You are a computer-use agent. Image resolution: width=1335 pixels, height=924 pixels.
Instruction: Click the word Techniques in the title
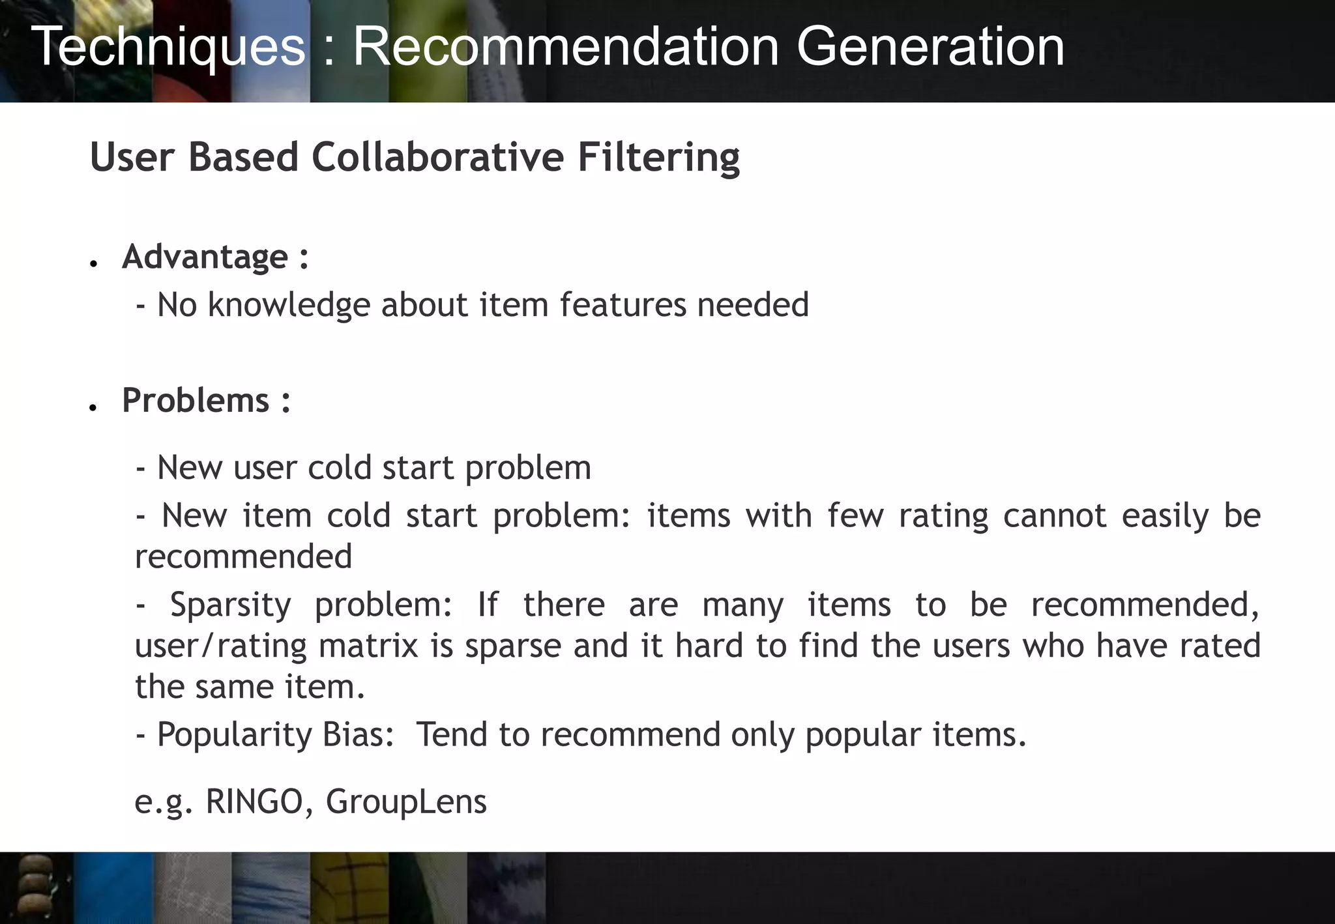click(x=168, y=47)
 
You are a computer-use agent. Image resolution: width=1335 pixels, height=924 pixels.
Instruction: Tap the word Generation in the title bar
click(x=930, y=47)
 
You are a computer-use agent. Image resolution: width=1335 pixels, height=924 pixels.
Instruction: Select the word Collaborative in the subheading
click(x=437, y=158)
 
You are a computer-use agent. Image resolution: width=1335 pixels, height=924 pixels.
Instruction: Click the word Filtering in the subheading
click(x=658, y=158)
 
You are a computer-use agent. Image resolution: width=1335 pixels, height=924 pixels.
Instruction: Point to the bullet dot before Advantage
click(x=94, y=263)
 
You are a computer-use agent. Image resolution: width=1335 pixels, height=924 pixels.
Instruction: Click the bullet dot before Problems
click(x=94, y=407)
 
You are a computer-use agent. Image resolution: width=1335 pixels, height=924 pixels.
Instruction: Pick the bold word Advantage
click(x=205, y=257)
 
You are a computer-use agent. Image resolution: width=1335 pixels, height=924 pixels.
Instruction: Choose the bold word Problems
click(x=196, y=400)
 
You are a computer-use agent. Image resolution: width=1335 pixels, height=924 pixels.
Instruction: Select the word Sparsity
click(x=230, y=605)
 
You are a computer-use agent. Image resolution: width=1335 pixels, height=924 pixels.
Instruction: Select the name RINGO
click(x=254, y=801)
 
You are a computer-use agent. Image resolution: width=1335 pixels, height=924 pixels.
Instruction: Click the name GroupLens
click(x=406, y=801)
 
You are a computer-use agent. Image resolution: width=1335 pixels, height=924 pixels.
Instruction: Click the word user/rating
click(x=220, y=646)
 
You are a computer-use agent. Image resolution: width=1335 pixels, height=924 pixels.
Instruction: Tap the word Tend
click(x=452, y=735)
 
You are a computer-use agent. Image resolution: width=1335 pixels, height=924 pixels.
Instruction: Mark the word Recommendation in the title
click(x=566, y=47)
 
